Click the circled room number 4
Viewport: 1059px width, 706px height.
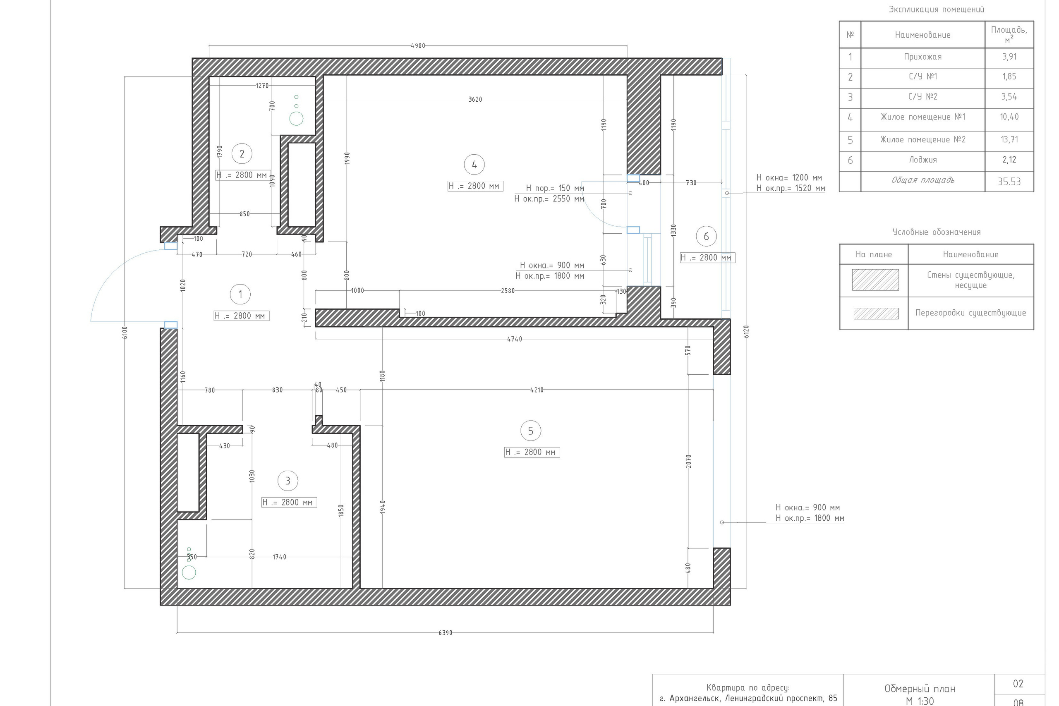(x=474, y=165)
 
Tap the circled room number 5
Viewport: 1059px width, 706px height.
(x=530, y=431)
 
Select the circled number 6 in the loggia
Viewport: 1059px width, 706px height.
(x=706, y=237)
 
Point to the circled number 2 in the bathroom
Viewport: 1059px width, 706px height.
(x=242, y=154)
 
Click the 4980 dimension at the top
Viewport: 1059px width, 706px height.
(x=418, y=45)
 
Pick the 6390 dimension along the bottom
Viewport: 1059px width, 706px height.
(x=445, y=633)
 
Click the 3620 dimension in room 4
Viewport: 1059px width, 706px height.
(x=475, y=99)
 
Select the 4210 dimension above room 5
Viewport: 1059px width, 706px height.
(x=537, y=390)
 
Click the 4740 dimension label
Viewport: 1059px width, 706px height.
(x=515, y=339)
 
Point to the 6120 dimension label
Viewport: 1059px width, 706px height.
(x=747, y=331)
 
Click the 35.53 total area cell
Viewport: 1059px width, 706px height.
(x=1009, y=182)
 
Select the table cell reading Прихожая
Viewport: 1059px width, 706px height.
(x=922, y=57)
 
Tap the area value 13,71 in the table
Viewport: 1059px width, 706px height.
(x=1009, y=139)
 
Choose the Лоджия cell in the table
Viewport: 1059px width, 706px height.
(x=922, y=160)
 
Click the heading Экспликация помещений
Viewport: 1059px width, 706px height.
(x=937, y=10)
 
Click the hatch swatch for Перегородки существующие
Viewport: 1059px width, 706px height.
(x=876, y=314)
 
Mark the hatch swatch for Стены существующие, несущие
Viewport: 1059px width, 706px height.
(x=875, y=280)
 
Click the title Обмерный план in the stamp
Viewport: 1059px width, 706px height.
(x=920, y=689)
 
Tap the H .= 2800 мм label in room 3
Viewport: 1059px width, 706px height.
(x=289, y=503)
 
